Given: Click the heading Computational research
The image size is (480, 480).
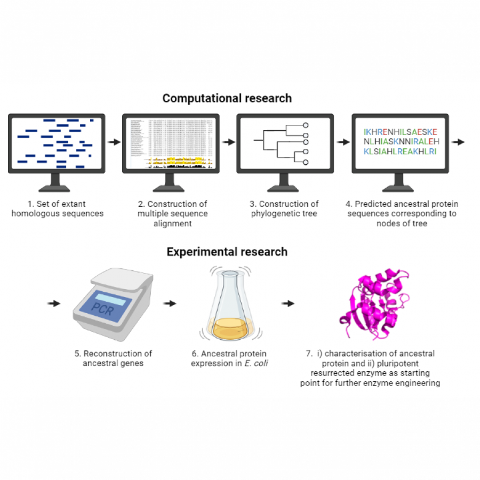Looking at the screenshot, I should [x=227, y=98].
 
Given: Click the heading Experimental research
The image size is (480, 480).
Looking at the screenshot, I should [x=227, y=251].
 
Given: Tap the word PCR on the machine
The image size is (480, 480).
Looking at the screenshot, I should [x=102, y=308].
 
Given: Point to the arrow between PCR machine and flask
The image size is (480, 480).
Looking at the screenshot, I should [x=170, y=303].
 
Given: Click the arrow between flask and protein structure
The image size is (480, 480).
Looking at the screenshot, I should [x=288, y=303].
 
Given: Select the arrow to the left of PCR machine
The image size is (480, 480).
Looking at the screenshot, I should [x=53, y=303].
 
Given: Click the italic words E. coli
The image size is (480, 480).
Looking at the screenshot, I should [x=255, y=363].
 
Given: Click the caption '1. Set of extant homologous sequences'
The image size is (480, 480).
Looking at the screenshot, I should [x=58, y=209].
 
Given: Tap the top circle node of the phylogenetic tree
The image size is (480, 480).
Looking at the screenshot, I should [x=306, y=125].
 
